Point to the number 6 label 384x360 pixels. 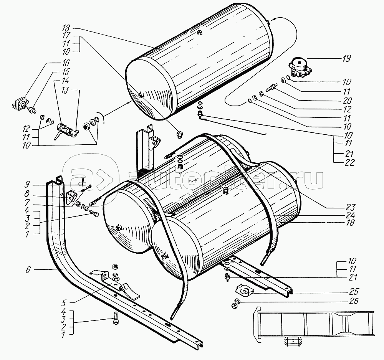click(x=28, y=270)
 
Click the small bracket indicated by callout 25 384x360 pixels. click(x=243, y=289)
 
